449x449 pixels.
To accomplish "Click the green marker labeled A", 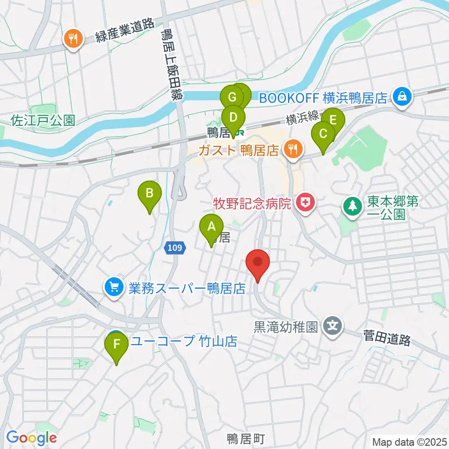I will point(211,227).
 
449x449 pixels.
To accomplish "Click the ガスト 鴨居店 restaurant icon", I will point(293,150).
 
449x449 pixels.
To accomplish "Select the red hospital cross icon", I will point(305,203).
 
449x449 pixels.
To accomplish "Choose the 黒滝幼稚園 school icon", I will point(333,325).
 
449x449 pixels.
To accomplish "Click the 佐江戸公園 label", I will point(43,121).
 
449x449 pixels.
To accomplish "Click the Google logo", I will point(32,438).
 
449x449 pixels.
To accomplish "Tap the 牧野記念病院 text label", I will point(253,204).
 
